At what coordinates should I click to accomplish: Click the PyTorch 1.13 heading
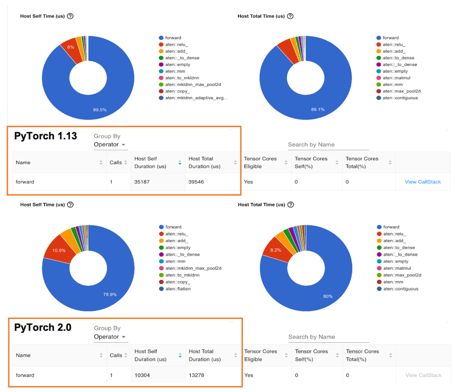(x=45, y=136)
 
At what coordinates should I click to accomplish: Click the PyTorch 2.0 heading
(x=42, y=327)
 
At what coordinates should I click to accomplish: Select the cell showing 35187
(x=143, y=182)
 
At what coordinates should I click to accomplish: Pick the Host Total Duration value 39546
(x=196, y=182)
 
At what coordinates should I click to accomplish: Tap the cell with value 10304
(x=142, y=375)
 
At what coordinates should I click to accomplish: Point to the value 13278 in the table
(x=196, y=375)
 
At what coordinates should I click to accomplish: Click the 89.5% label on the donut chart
(x=100, y=110)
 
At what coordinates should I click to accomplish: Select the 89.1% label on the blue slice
(x=318, y=109)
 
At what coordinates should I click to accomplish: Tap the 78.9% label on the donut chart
(x=110, y=294)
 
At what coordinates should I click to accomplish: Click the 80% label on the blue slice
(x=328, y=296)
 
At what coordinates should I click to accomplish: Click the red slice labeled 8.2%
(x=276, y=250)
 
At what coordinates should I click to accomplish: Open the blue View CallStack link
(x=423, y=182)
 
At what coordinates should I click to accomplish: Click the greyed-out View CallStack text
(x=423, y=375)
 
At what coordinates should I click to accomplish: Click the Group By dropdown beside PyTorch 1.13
(x=110, y=145)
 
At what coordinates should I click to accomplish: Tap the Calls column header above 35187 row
(x=116, y=162)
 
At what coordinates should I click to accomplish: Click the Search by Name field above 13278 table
(x=328, y=337)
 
